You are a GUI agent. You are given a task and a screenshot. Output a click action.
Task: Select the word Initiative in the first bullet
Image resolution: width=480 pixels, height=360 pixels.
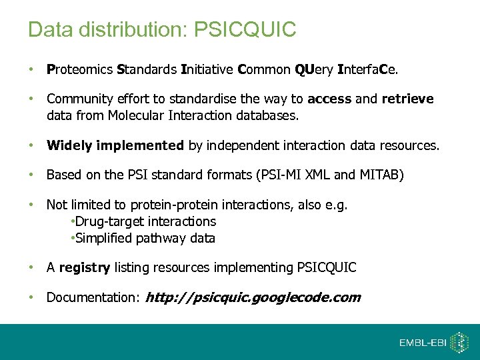207,69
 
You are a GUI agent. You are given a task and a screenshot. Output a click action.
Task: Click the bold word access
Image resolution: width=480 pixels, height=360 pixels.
329,99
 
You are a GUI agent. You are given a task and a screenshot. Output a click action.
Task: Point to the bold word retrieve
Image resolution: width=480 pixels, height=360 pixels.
407,99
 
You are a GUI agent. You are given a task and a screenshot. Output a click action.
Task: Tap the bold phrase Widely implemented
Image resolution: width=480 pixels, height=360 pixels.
115,145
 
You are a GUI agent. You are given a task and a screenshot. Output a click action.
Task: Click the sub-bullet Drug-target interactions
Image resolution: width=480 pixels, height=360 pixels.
144,221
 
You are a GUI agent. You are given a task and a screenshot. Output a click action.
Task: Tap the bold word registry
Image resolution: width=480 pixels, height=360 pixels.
85,268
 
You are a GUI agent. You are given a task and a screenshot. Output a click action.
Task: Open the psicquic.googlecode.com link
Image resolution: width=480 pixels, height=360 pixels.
253,298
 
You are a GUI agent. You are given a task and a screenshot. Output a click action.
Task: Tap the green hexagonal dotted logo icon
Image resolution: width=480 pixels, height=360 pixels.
459,342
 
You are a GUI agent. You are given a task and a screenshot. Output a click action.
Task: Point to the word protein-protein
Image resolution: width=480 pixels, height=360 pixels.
171,206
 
